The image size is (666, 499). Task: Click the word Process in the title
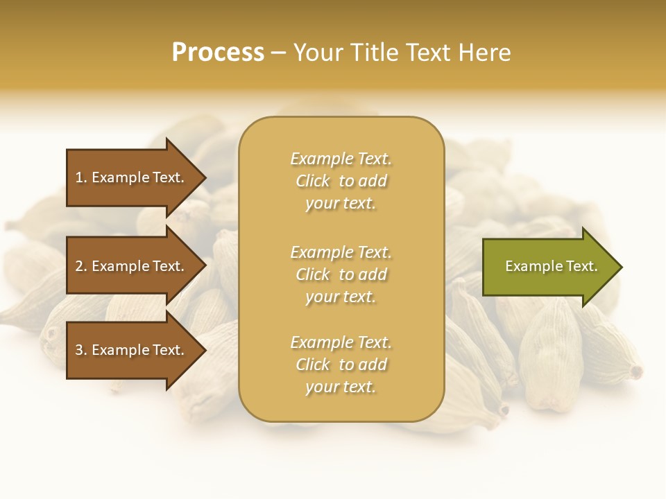coord(218,53)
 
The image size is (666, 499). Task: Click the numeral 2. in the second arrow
coord(80,266)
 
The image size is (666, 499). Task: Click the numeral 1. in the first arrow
coord(80,177)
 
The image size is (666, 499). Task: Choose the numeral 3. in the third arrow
coord(80,350)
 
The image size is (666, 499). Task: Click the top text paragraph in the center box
coord(341,181)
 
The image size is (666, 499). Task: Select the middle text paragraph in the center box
coord(341,274)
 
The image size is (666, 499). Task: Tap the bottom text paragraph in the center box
coord(341,365)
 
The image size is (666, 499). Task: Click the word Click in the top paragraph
coord(312,181)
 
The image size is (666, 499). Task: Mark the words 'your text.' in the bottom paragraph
coord(341,387)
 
